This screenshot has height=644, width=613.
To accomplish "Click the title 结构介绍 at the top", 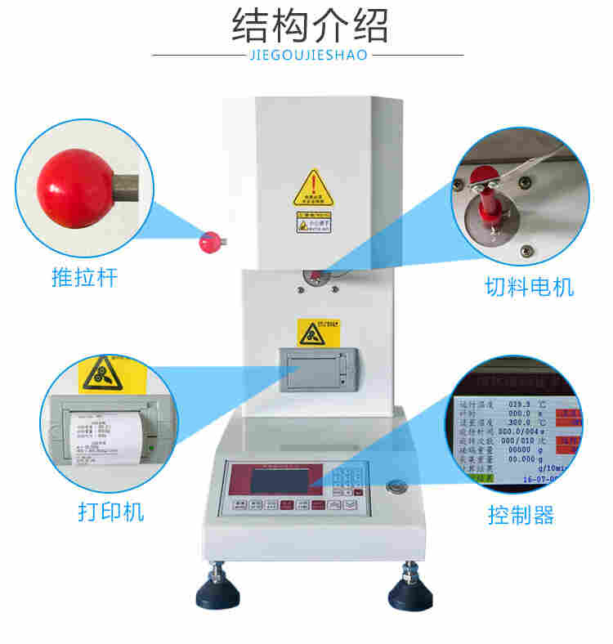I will click(x=309, y=26).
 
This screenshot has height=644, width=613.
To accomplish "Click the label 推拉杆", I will click(x=85, y=278).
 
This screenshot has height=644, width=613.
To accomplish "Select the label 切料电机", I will click(x=529, y=288).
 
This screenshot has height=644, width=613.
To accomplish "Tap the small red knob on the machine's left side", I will click(x=210, y=241).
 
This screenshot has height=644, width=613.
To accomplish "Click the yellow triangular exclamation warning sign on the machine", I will click(x=314, y=189).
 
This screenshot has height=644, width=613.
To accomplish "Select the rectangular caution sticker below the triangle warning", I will click(x=314, y=221).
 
